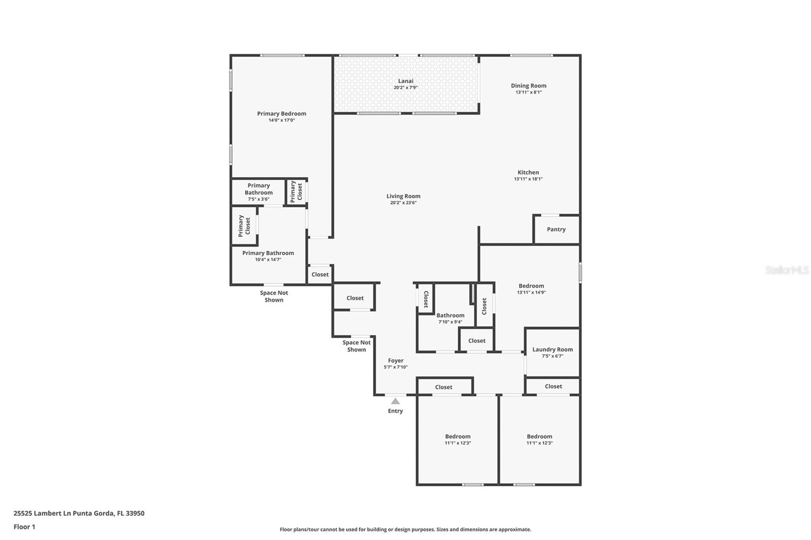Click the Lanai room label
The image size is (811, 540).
click(x=405, y=81)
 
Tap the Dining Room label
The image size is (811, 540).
click(x=529, y=86)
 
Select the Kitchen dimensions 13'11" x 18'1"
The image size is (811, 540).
click(x=528, y=179)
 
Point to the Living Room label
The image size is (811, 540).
click(x=403, y=196)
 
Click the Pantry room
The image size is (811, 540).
click(x=556, y=229)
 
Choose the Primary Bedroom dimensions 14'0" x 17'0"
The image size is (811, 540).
click(x=282, y=120)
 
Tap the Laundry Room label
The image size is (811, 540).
click(x=552, y=350)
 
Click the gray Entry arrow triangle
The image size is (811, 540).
click(x=395, y=401)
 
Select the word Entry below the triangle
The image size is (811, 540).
click(x=395, y=411)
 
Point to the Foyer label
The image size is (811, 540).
click(x=396, y=361)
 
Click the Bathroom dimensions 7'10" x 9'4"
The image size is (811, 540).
click(x=451, y=322)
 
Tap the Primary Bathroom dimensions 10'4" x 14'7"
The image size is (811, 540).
click(x=268, y=259)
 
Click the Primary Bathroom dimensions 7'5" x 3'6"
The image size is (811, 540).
click(x=259, y=199)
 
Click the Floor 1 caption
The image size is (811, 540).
click(x=24, y=527)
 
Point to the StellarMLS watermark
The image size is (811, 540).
click(x=787, y=270)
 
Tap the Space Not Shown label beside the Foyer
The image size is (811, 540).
click(x=357, y=346)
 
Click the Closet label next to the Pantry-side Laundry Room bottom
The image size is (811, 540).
click(x=553, y=387)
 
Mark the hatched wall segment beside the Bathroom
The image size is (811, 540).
click(x=473, y=294)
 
